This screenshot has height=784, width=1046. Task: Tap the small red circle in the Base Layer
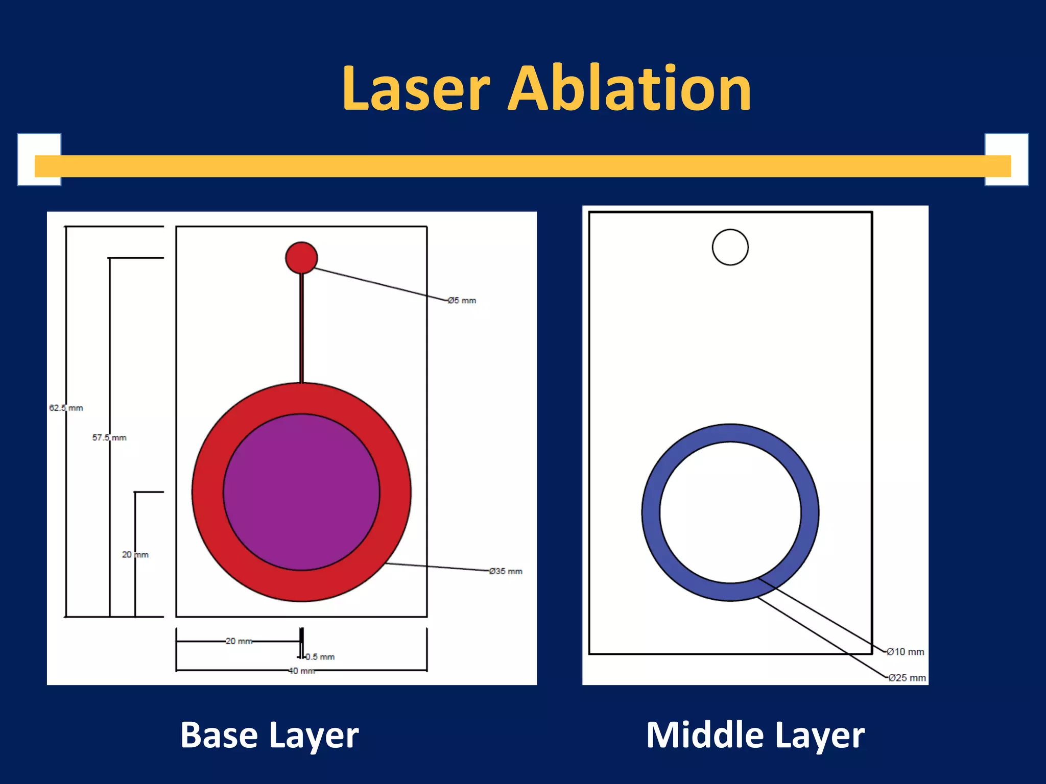pyautogui.click(x=301, y=258)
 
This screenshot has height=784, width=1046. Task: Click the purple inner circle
pyautogui.click(x=301, y=492)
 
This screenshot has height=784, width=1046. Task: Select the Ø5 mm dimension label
pyautogui.click(x=462, y=301)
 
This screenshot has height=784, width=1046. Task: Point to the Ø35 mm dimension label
pyautogui.click(x=506, y=571)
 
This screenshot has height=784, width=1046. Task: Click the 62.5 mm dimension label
pyautogui.click(x=66, y=408)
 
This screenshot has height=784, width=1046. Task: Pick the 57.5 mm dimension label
pyautogui.click(x=109, y=437)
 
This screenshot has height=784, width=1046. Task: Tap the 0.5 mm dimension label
pyautogui.click(x=321, y=657)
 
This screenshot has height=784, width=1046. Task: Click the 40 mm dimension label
pyautogui.click(x=301, y=671)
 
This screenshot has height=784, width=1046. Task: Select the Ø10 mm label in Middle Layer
pyautogui.click(x=906, y=652)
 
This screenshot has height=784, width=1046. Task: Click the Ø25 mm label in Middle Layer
pyautogui.click(x=907, y=678)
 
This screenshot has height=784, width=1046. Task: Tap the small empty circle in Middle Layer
pyautogui.click(x=730, y=247)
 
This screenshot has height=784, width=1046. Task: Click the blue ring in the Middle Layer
pyautogui.click(x=651, y=512)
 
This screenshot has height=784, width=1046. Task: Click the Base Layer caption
pyautogui.click(x=270, y=736)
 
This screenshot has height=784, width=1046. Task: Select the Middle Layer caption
pyautogui.click(x=755, y=736)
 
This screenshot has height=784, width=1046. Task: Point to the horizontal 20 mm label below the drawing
pyautogui.click(x=239, y=641)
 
